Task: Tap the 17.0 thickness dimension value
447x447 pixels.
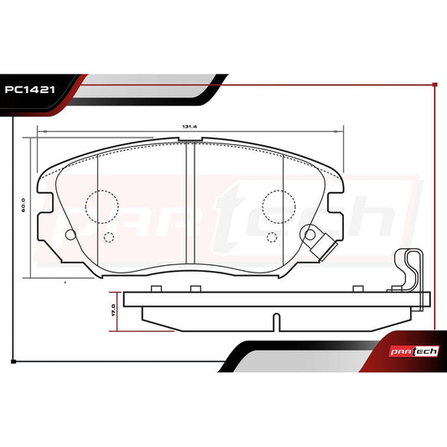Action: tap(111, 309)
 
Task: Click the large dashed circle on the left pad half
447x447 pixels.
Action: tap(101, 205)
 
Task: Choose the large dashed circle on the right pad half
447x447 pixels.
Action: tap(278, 205)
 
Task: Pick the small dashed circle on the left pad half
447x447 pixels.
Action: tap(107, 236)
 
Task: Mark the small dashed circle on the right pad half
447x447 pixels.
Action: tap(272, 236)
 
